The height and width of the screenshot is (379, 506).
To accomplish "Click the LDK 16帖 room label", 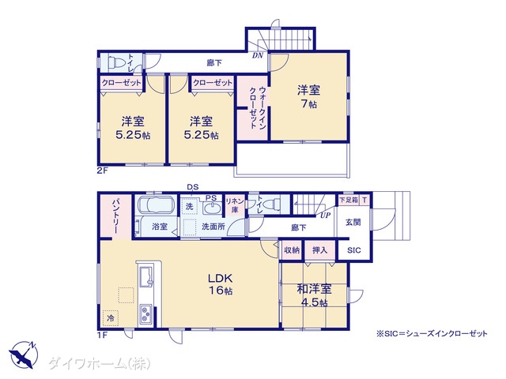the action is [221, 284].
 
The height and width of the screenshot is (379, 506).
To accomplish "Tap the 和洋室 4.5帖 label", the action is [314, 295].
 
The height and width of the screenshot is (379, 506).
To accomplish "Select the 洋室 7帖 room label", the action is [308, 96].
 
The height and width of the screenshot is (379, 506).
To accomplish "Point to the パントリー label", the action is [116, 216].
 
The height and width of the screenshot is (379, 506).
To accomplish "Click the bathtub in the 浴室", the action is [157, 205].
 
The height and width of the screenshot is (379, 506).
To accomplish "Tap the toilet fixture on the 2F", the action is [115, 63].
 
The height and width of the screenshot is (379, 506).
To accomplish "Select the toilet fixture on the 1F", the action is [272, 204].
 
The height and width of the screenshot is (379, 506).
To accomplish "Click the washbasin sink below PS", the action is [212, 208].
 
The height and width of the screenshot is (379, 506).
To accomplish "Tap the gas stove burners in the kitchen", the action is [146, 313].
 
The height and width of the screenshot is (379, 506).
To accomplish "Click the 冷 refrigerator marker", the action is [111, 318].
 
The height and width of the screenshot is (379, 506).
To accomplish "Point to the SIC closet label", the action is [353, 250].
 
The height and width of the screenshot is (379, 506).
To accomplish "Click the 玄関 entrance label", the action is [353, 222].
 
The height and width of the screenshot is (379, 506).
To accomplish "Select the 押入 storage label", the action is [319, 250].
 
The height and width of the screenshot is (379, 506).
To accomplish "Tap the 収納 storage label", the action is [292, 250].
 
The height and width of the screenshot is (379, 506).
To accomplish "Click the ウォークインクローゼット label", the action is [258, 107].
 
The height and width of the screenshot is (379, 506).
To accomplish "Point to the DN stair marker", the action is [258, 55].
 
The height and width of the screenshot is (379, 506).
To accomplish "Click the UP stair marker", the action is [325, 215].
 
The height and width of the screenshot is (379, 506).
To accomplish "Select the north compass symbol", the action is [24, 355].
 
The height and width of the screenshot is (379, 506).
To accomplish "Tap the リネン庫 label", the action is [235, 205].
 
